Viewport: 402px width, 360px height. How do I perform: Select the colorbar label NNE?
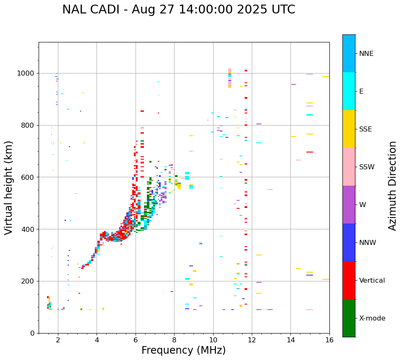tap(366, 54)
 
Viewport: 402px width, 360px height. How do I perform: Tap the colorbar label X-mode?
tap(372, 318)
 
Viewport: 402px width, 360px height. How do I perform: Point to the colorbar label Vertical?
tap(372, 281)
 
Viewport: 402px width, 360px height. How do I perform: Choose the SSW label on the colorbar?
tap(367, 167)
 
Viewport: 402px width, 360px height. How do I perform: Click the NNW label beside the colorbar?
tap(368, 243)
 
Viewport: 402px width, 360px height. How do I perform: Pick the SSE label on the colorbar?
tap(365, 129)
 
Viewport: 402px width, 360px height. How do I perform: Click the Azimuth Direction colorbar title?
tap(392, 186)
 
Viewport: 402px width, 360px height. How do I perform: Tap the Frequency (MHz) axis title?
tap(183, 350)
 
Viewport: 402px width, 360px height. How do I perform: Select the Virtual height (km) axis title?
tap(9, 187)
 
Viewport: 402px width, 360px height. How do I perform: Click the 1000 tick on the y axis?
tap(26, 74)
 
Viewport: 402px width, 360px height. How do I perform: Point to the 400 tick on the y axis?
tap(28, 229)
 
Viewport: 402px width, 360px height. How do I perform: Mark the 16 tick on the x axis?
tap(329, 339)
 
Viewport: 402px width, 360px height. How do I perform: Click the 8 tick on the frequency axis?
tap(174, 339)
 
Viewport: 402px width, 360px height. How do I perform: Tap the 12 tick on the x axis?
tap(252, 339)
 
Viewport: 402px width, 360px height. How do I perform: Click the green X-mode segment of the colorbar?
tap(349, 318)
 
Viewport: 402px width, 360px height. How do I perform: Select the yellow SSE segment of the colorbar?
tap(349, 129)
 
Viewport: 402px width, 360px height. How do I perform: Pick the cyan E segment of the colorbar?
tap(349, 91)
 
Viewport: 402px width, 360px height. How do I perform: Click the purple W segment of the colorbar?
tap(349, 205)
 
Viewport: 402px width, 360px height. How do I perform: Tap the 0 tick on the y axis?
tap(33, 333)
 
